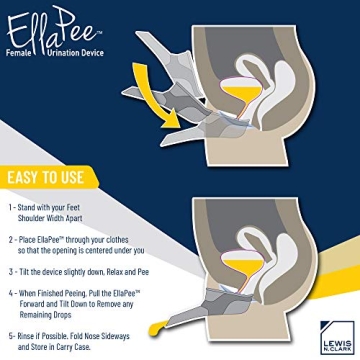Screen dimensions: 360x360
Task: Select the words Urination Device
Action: point(77,45)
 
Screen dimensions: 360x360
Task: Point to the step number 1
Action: point(11,208)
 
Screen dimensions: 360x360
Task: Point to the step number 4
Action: point(11,294)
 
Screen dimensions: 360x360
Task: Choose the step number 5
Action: point(11,337)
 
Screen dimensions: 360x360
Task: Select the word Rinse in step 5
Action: point(31,337)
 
